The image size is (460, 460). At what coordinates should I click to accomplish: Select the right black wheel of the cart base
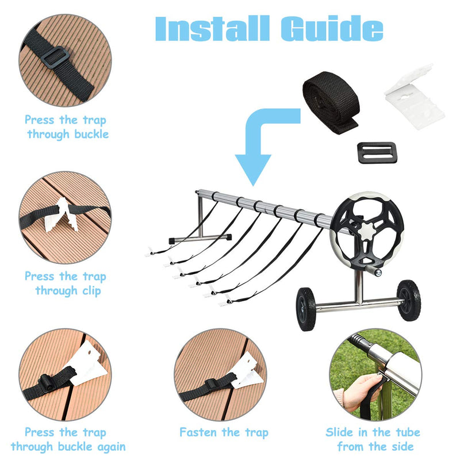click(x=409, y=300)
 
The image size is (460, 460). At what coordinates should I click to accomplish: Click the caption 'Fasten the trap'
click(x=224, y=432)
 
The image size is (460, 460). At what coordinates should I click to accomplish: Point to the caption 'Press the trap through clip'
click(x=65, y=283)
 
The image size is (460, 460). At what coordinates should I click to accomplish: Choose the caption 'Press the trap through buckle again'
click(x=68, y=439)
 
